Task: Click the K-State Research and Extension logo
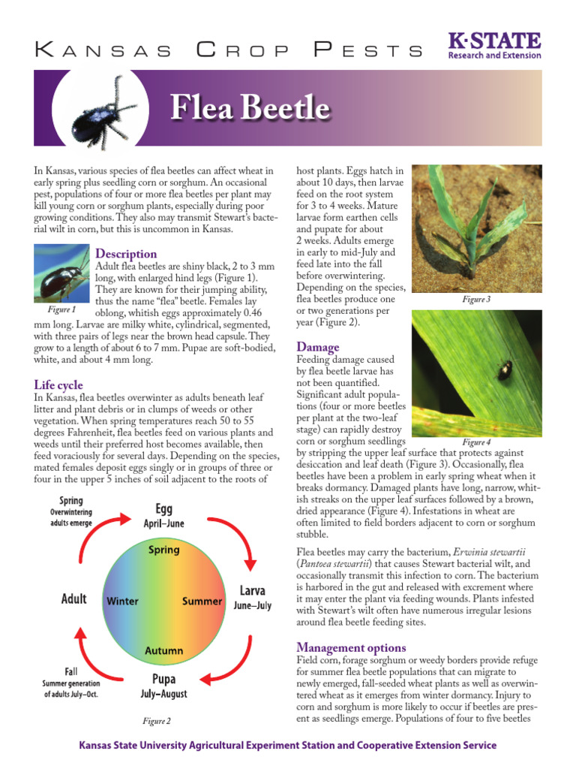point(493,45)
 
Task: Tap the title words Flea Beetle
point(250,109)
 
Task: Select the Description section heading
point(126,254)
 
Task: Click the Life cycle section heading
point(58,385)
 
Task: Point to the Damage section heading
point(318,347)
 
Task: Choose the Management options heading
point(351,647)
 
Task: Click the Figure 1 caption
point(61,309)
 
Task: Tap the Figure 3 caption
point(476,300)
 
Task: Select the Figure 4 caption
point(476,442)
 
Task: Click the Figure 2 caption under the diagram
point(157,721)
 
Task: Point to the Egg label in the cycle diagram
point(163,509)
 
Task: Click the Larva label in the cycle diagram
point(252,590)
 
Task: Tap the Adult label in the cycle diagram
point(73,599)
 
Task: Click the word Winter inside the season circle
point(122,602)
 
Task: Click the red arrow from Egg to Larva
point(240,535)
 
